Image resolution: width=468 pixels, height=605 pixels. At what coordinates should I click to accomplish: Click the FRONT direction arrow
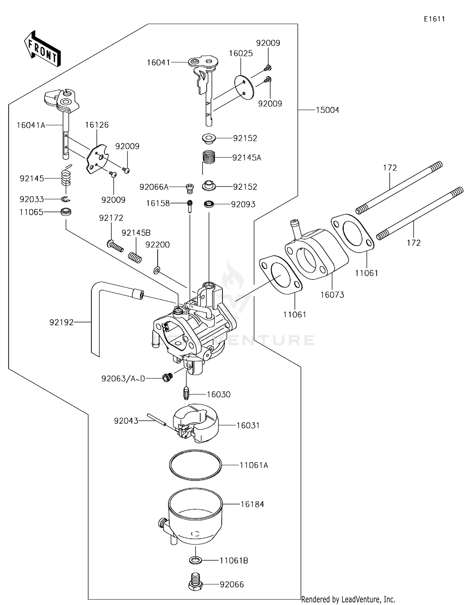pyautogui.click(x=42, y=49)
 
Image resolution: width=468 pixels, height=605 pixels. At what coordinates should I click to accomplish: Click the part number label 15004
pyautogui.click(x=327, y=110)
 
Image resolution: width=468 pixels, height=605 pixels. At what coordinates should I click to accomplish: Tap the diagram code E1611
pyautogui.click(x=434, y=19)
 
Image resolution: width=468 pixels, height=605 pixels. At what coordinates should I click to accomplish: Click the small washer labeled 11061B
pyautogui.click(x=196, y=560)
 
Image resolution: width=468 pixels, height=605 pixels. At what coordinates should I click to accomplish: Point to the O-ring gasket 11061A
pyautogui.click(x=196, y=465)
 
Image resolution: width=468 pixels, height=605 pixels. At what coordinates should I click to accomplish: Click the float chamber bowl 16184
pyautogui.click(x=195, y=515)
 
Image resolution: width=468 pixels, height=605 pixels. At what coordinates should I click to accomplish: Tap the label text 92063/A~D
pyautogui.click(x=123, y=379)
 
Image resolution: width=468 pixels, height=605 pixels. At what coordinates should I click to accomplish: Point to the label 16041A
pyautogui.click(x=31, y=125)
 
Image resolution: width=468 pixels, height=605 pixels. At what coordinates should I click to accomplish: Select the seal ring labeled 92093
pyautogui.click(x=209, y=204)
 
